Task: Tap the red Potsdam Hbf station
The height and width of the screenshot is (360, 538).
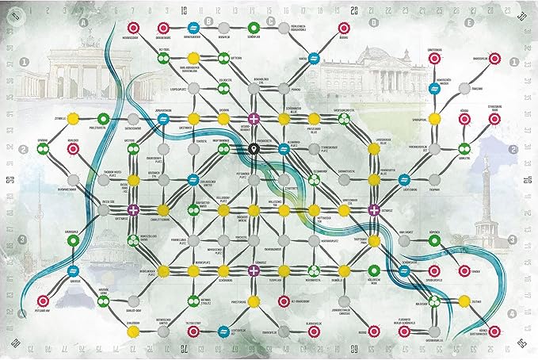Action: (44, 301)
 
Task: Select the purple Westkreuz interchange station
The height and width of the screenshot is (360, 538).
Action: (133, 209)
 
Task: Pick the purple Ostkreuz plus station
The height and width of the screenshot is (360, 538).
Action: (374, 209)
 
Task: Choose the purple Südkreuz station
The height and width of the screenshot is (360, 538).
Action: (254, 270)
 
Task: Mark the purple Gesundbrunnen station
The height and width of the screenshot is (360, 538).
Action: (254, 119)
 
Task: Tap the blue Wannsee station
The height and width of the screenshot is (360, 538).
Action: (73, 270)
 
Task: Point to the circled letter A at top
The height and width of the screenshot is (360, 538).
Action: (84, 23)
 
